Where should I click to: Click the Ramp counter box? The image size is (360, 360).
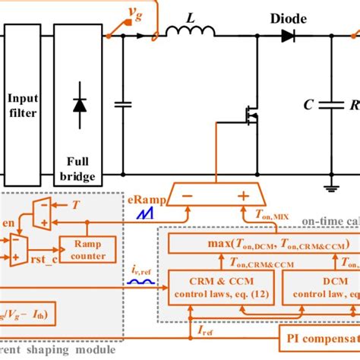click(93, 248)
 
